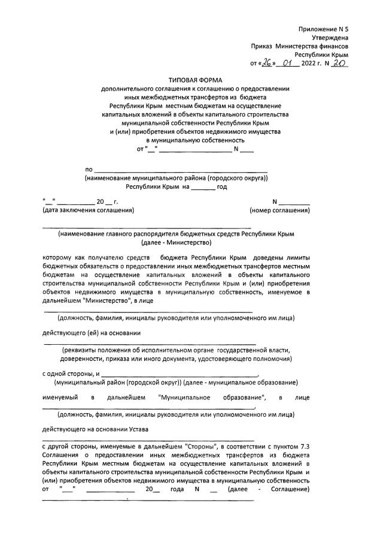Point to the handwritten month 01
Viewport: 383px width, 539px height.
[290, 62]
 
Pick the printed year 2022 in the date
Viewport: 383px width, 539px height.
[311, 63]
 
